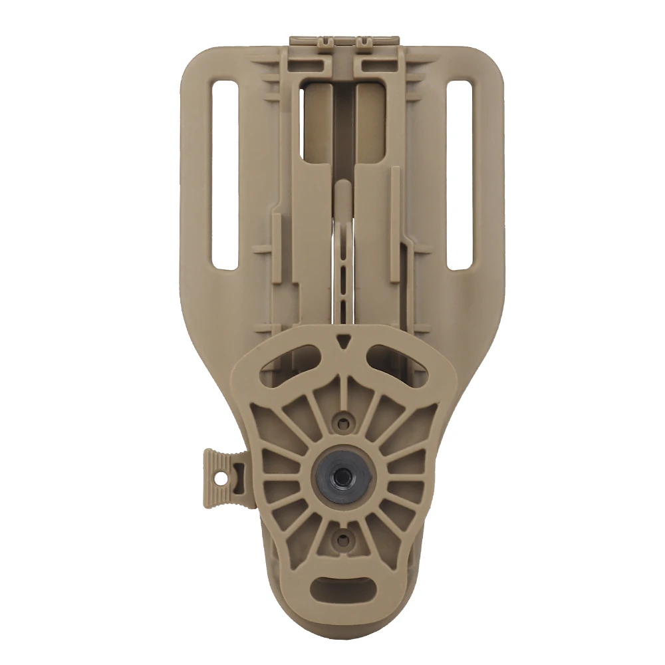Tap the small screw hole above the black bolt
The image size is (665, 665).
click(x=342, y=420)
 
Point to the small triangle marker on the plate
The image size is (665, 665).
click(x=342, y=339)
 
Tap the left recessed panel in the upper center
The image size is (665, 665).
click(x=317, y=120)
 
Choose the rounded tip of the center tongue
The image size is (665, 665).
click(x=341, y=188)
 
